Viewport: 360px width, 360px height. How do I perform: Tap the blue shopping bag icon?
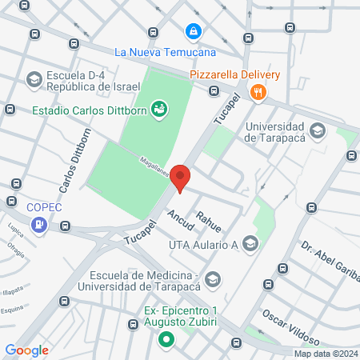[192, 32]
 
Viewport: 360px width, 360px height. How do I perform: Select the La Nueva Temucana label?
[165, 53]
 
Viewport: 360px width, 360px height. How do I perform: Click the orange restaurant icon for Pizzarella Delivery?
[257, 92]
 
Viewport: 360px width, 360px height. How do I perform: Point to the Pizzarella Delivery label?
[234, 75]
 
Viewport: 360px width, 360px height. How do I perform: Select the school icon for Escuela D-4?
[34, 79]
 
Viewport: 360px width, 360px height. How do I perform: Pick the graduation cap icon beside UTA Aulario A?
[250, 244]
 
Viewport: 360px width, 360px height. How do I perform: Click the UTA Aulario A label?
[204, 245]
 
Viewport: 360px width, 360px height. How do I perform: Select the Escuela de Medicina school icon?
[213, 278]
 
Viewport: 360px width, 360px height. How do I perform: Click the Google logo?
[26, 350]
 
